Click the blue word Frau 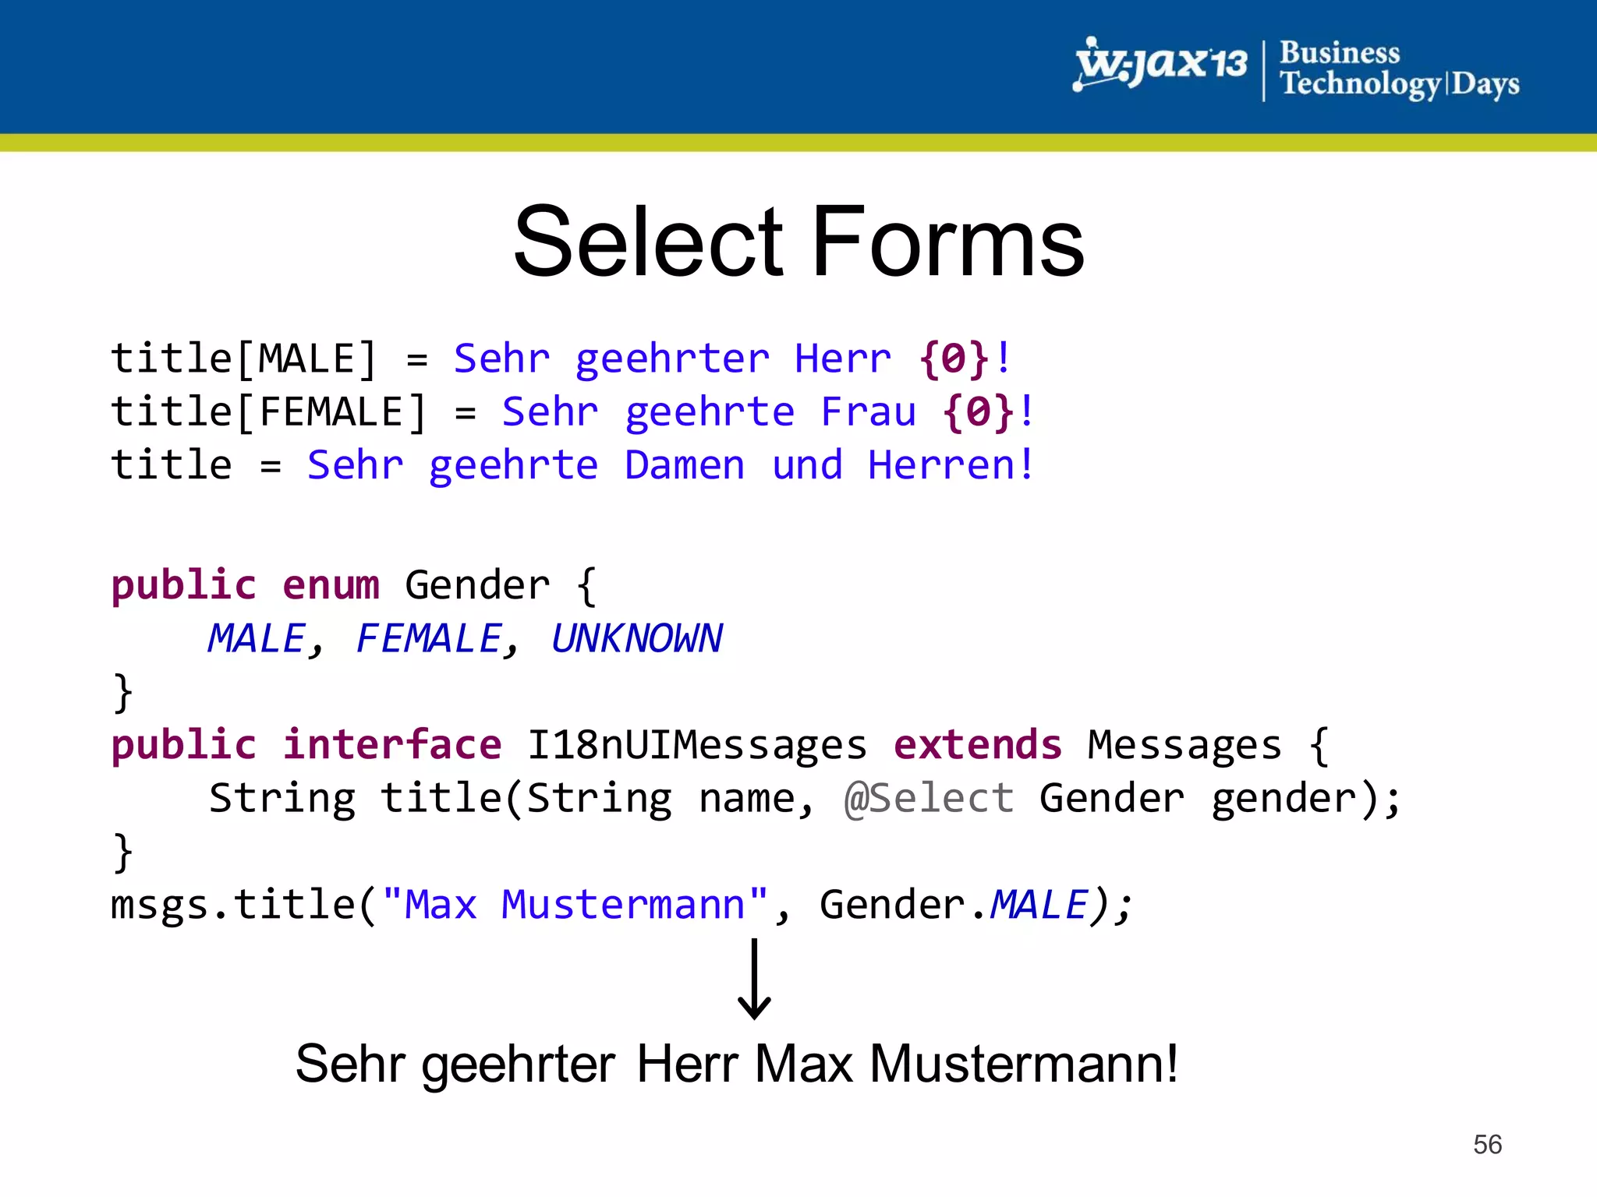coord(868,411)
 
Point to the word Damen coord(685,465)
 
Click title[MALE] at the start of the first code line coord(243,359)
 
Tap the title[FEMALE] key coord(268,411)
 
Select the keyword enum coord(331,585)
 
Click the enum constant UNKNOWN coord(636,639)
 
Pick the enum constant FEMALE coord(428,639)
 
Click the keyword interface coord(392,745)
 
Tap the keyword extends coord(977,745)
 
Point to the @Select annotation coord(929,799)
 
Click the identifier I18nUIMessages coord(696,745)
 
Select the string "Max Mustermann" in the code coord(575,906)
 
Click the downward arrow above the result coord(754,979)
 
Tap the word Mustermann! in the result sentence coord(1023,1064)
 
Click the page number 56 coord(1487,1144)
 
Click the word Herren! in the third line coord(951,465)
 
